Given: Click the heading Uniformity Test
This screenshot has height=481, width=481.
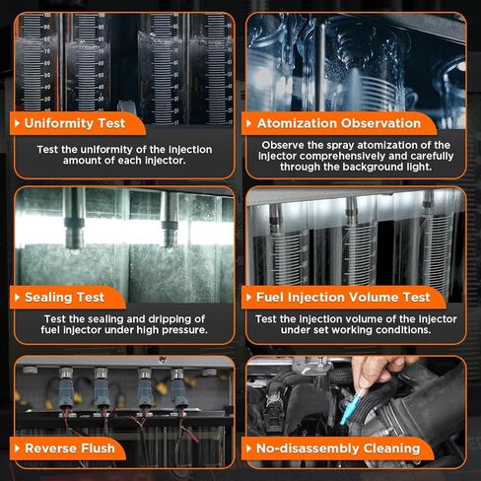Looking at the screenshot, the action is tap(75, 123).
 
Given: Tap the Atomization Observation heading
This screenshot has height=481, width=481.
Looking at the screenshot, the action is tap(339, 123).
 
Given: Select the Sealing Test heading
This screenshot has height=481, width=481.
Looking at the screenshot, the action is tap(64, 297).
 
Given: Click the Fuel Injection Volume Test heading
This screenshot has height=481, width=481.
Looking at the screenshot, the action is tap(343, 297).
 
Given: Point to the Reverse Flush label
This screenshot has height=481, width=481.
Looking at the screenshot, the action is tap(70, 448).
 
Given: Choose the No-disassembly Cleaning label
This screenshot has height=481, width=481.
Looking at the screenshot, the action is tap(338, 448).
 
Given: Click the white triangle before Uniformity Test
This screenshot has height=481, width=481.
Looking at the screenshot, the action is tap(18, 123).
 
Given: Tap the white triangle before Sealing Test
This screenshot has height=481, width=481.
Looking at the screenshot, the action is tap(18, 297).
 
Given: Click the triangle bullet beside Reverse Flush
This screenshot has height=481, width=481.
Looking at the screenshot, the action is tap(18, 448).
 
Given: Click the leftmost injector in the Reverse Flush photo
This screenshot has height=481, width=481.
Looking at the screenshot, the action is tap(66, 387).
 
